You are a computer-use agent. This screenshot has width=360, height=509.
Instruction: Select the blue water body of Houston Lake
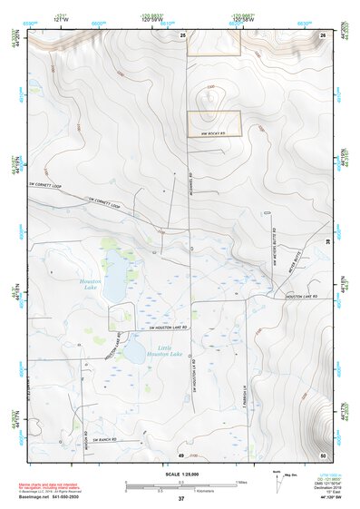(x=115, y=289)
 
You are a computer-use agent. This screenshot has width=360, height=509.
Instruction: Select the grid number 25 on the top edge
(x=182, y=34)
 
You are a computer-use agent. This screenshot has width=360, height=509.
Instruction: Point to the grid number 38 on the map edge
(x=327, y=240)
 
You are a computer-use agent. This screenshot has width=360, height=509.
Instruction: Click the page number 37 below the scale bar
(x=181, y=498)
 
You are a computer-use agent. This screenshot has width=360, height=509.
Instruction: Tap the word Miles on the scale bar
(x=240, y=482)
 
